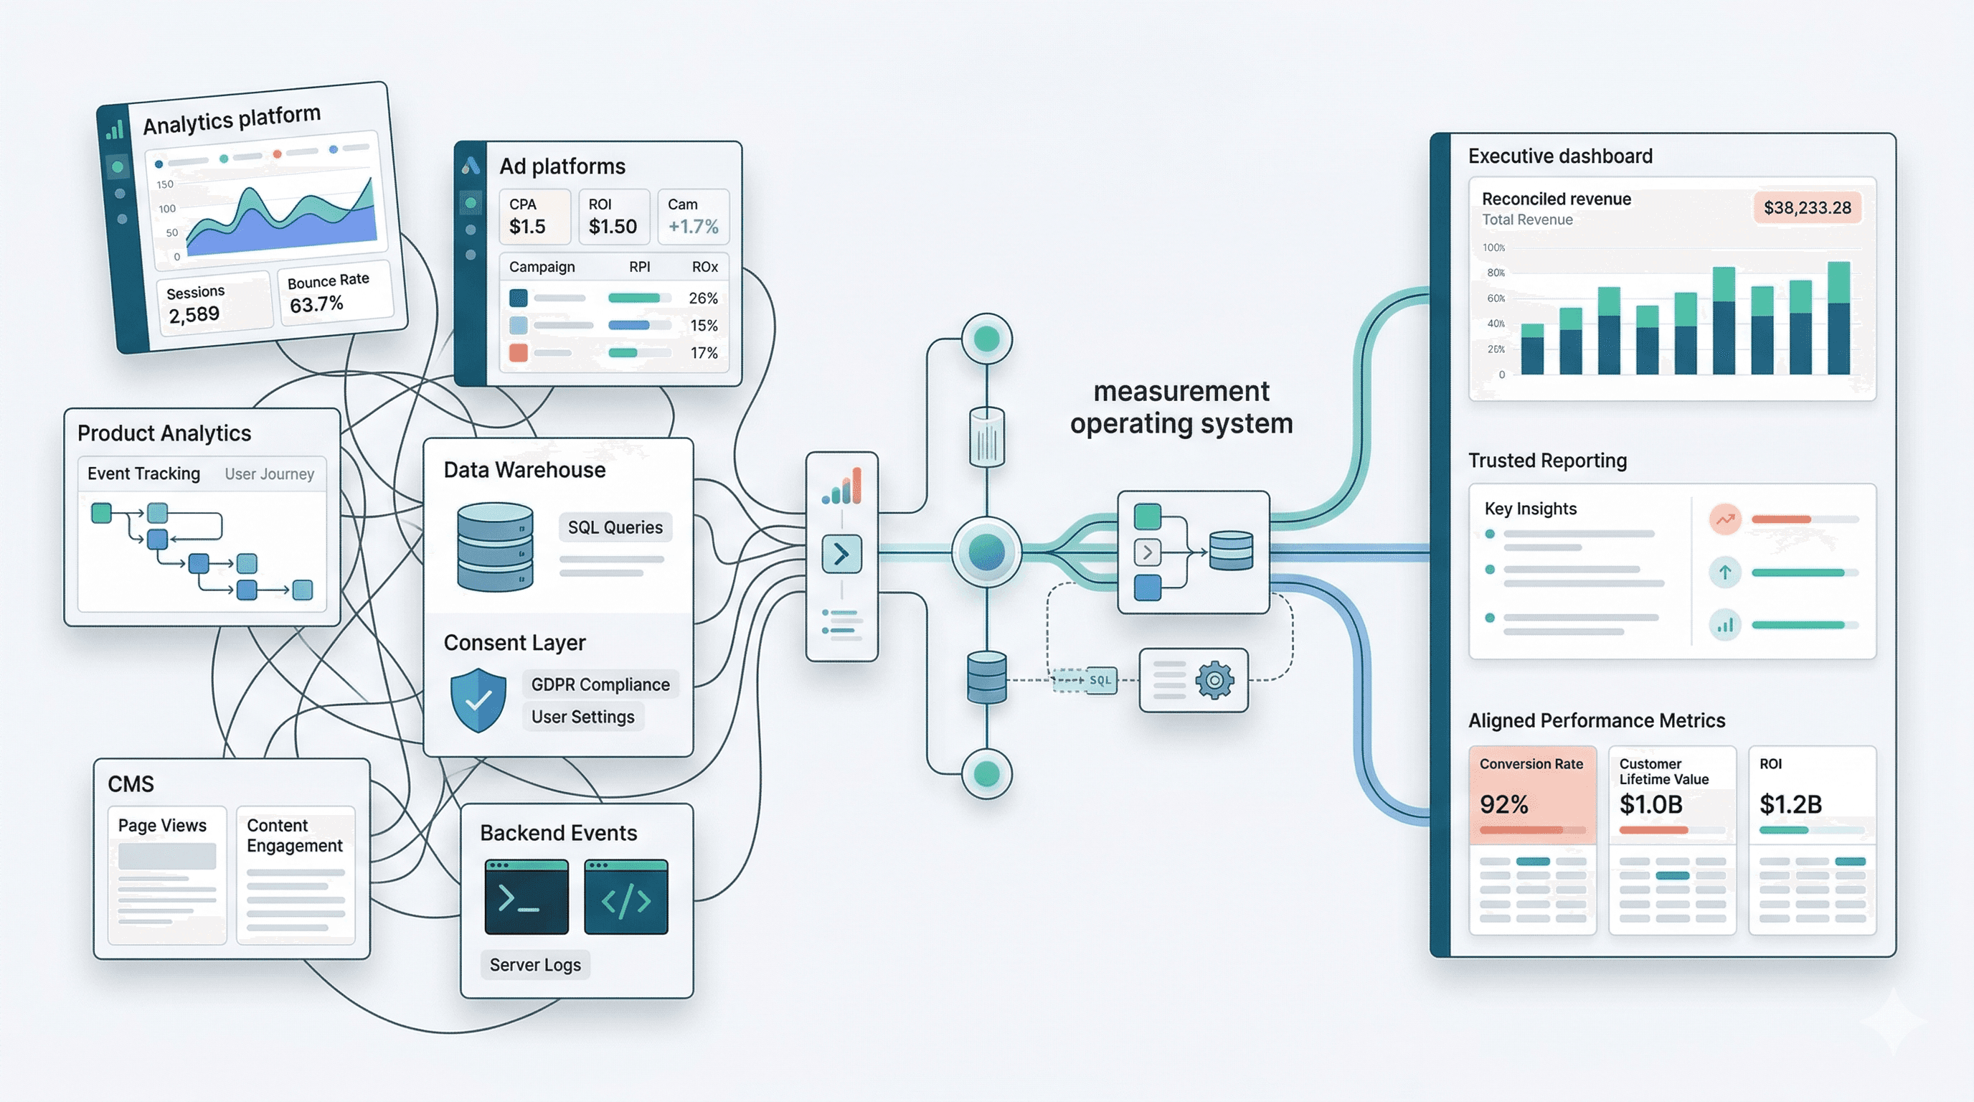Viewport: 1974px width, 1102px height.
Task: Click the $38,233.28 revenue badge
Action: pos(1807,207)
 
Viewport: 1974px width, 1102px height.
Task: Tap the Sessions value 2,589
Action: pos(194,314)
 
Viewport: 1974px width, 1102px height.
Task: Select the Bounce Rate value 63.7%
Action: pos(316,304)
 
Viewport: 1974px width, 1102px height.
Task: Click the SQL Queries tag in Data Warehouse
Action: pos(615,527)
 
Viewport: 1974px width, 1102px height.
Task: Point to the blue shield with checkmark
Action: pos(478,700)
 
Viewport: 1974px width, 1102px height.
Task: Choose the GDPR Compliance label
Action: pos(600,684)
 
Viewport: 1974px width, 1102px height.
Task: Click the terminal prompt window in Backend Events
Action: pos(526,897)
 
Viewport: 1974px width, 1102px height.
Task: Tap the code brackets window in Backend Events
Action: pos(625,897)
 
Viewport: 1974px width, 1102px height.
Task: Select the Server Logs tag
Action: pos(535,965)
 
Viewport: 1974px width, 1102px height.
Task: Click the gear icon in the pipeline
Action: pos(1214,679)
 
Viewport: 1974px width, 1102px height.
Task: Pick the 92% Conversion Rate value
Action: pos(1503,804)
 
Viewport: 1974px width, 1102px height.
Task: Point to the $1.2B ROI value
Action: pos(1790,804)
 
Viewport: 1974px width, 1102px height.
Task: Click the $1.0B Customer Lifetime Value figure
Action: pos(1650,804)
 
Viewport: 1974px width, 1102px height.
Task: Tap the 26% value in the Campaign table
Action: pos(703,298)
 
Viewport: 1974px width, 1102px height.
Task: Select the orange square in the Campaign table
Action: pos(519,353)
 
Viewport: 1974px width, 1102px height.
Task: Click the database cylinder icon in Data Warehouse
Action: pos(495,547)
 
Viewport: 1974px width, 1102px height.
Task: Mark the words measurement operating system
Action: pos(1181,407)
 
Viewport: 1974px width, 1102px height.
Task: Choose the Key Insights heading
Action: pos(1530,509)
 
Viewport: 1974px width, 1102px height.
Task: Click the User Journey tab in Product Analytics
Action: pos(269,474)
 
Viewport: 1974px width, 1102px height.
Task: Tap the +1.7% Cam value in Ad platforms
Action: pos(693,227)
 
